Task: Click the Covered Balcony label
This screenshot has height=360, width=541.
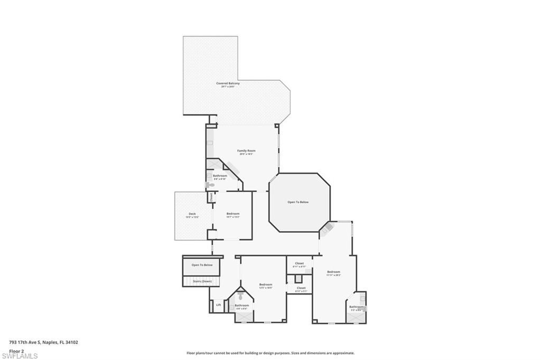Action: (228, 83)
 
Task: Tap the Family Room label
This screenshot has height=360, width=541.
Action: (246, 150)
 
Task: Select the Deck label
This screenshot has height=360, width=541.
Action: (192, 213)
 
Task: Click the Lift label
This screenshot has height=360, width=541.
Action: (218, 305)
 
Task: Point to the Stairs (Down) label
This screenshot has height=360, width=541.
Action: (202, 281)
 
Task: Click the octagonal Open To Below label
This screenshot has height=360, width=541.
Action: (298, 202)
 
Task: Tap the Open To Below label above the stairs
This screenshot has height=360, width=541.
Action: (202, 265)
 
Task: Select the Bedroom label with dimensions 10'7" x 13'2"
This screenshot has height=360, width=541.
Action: (233, 213)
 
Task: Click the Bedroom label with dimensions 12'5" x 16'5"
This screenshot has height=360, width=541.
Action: (266, 285)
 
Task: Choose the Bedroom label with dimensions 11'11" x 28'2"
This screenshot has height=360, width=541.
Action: (333, 272)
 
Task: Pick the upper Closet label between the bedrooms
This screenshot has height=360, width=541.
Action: (300, 263)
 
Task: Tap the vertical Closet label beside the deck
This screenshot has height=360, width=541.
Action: (211, 197)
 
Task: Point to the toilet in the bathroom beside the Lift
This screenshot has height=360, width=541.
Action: (241, 297)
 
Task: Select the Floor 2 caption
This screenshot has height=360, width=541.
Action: (16, 350)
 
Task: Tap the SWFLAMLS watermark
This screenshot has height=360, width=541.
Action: (19, 356)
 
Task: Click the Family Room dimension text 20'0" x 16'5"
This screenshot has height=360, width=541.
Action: (246, 154)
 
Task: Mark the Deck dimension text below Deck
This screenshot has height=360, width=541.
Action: (192, 217)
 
